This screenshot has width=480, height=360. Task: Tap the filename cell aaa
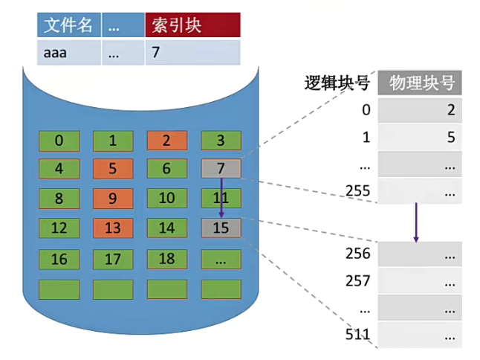68,53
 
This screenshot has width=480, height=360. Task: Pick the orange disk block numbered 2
166,141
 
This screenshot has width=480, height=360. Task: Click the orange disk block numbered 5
112,169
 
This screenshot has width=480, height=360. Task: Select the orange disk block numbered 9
112,199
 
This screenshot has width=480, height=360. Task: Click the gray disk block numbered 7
221,169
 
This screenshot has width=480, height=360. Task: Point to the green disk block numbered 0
59,141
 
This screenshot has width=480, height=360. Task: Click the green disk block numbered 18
166,259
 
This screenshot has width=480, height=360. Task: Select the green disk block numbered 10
166,199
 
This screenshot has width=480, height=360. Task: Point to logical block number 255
357,191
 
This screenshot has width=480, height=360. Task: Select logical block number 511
357,334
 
